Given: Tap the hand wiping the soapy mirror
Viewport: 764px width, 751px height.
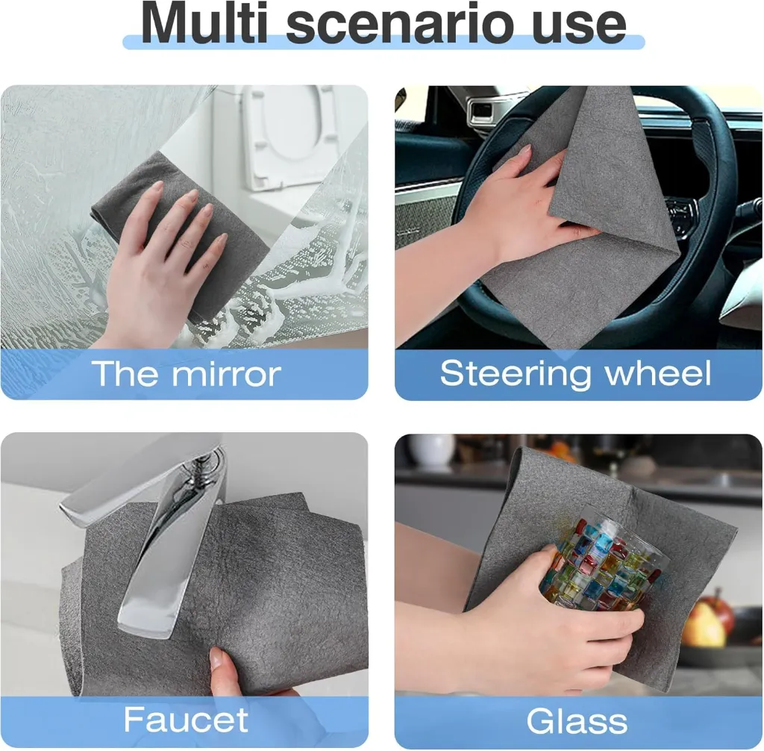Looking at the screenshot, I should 160,261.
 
